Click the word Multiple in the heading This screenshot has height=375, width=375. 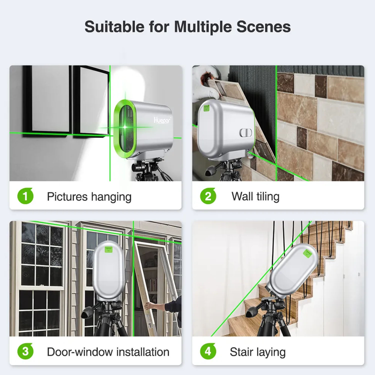point(203,27)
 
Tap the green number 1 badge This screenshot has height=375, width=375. point(25,196)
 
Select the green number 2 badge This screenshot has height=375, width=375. point(208,196)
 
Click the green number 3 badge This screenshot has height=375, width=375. point(25,351)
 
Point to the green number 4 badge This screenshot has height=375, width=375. point(208,351)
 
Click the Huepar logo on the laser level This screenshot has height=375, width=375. point(162,120)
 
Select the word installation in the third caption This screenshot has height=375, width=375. point(143,352)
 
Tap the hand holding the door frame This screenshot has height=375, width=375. point(151,306)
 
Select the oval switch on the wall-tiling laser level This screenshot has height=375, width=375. point(246,133)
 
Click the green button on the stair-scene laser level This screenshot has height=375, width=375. point(307,253)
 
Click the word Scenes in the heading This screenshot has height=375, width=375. point(263,26)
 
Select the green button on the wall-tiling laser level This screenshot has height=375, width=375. point(207,108)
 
